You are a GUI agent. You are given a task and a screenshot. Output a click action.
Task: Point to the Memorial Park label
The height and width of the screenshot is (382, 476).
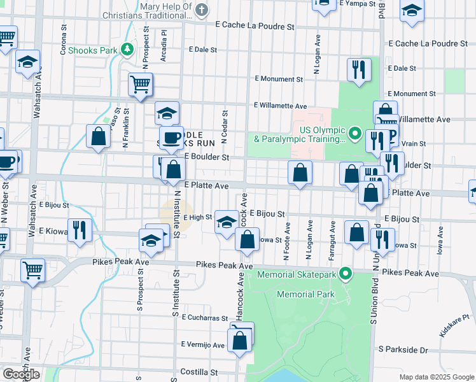coord(305,295)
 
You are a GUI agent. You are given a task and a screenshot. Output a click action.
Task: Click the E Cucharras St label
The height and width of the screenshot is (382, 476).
coord(204,316)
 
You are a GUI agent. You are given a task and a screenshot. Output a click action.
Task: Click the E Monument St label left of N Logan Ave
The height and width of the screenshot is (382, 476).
coord(278,79)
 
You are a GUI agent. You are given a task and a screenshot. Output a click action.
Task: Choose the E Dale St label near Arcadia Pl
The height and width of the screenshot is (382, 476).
coord(203,48)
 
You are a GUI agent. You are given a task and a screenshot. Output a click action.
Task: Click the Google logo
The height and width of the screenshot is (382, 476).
coord(21,374)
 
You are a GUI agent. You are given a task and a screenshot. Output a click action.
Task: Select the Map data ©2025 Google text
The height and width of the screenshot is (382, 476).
coord(437,377)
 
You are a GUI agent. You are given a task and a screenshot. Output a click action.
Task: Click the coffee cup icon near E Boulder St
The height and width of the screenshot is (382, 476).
coord(171,138)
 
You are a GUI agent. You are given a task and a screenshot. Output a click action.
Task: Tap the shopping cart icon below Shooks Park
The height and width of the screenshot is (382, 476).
coord(140,84)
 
